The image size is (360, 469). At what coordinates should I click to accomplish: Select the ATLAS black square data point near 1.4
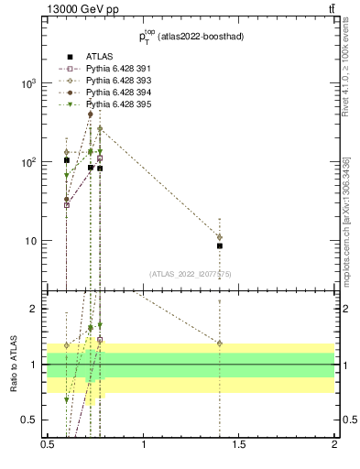click(x=220, y=245)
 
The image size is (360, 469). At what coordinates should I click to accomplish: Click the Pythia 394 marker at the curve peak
click(x=91, y=115)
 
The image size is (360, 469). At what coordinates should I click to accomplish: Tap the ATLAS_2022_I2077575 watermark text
click(x=190, y=273)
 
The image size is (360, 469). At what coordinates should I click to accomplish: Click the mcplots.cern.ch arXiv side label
click(x=346, y=220)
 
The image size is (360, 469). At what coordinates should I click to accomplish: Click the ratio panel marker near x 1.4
click(x=220, y=344)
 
